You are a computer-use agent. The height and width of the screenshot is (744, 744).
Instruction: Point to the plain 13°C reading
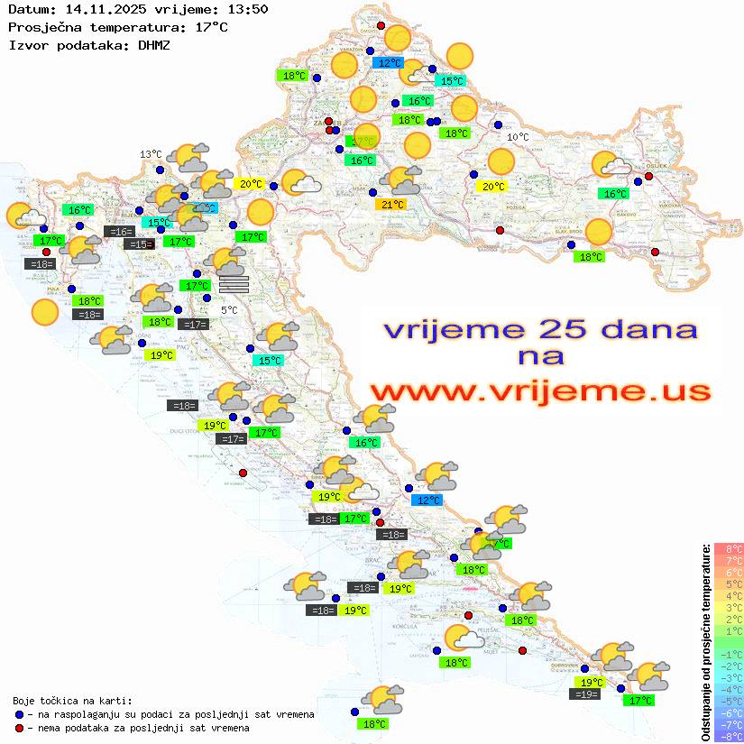[x=151, y=154]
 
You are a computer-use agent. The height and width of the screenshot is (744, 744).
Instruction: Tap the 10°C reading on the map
[x=519, y=137]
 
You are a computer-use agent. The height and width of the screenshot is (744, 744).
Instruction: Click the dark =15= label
[x=138, y=243]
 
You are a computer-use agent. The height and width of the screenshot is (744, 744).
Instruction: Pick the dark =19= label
[x=586, y=693]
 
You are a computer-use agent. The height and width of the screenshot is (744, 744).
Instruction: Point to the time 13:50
[x=248, y=9]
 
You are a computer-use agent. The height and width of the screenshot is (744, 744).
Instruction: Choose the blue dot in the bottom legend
[x=20, y=714]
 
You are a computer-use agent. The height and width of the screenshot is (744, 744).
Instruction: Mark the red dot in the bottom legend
[x=20, y=728]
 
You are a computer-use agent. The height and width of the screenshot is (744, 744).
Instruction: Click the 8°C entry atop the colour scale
[x=728, y=548]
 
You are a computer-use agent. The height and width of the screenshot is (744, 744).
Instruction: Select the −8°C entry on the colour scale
[x=728, y=736]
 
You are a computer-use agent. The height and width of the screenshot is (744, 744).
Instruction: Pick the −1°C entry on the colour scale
[x=728, y=654]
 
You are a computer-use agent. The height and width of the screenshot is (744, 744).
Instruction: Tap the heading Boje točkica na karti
[x=72, y=700]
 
